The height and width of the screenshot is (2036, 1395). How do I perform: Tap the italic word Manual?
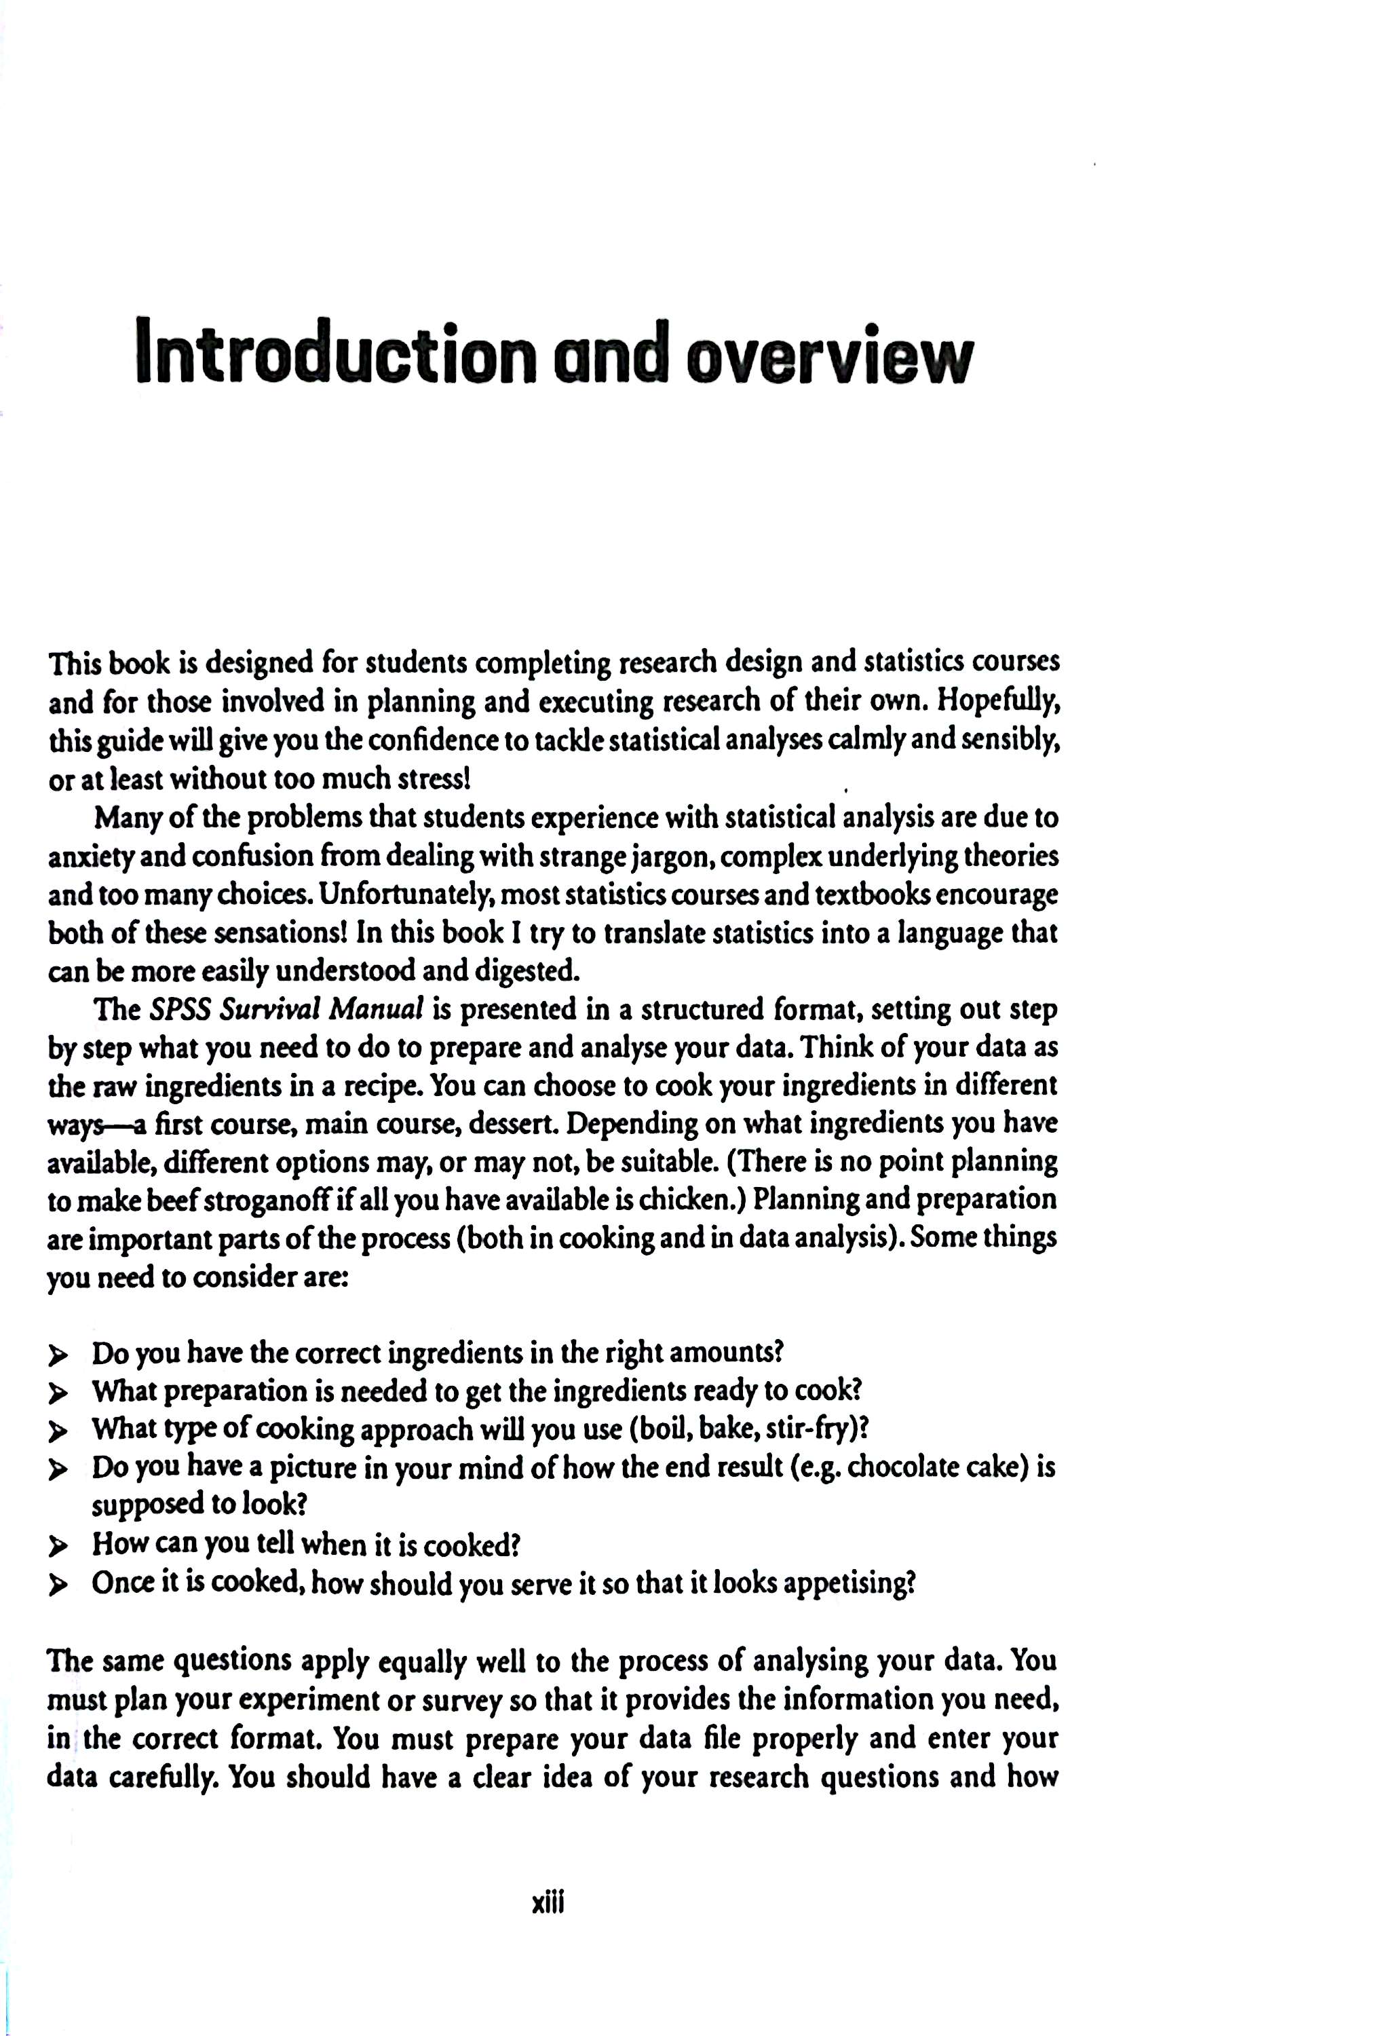click(x=377, y=1010)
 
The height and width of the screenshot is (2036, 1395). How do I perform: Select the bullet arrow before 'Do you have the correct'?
click(x=58, y=1355)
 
